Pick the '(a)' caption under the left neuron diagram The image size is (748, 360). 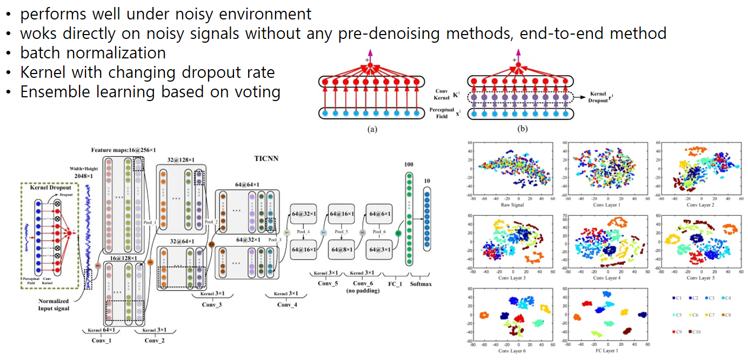point(372,129)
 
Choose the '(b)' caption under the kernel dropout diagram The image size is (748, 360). point(523,129)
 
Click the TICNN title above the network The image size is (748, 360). point(266,160)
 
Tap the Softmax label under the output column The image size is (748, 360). point(420,283)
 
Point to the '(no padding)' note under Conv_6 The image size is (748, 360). point(363,291)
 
